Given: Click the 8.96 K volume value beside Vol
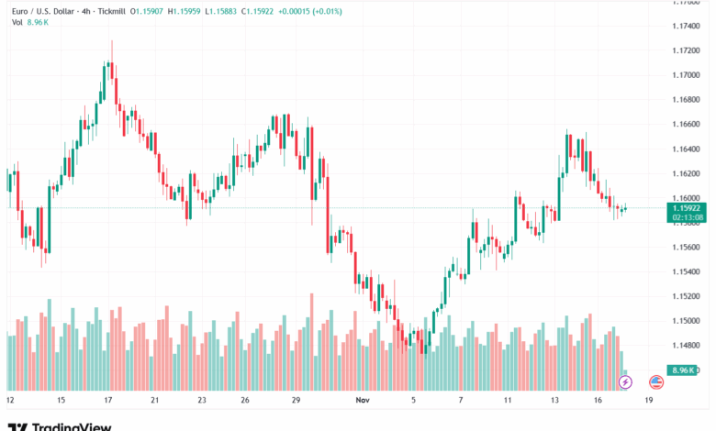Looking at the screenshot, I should pos(37,22).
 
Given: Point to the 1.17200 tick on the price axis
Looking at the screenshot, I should pos(681,50).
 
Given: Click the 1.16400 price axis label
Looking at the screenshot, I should pos(681,149).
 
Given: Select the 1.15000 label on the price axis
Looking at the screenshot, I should pos(681,321).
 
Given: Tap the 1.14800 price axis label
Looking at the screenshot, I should pos(681,346).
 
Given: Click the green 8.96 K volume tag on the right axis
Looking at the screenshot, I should pos(680,370).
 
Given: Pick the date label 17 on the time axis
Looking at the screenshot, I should pos(107,401).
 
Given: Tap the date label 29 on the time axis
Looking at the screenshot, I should pos(296,401).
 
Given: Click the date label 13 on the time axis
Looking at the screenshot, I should pos(555,401).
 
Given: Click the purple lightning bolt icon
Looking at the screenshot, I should pos(626,381).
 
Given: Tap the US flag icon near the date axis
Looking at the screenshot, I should pos(656,381).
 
